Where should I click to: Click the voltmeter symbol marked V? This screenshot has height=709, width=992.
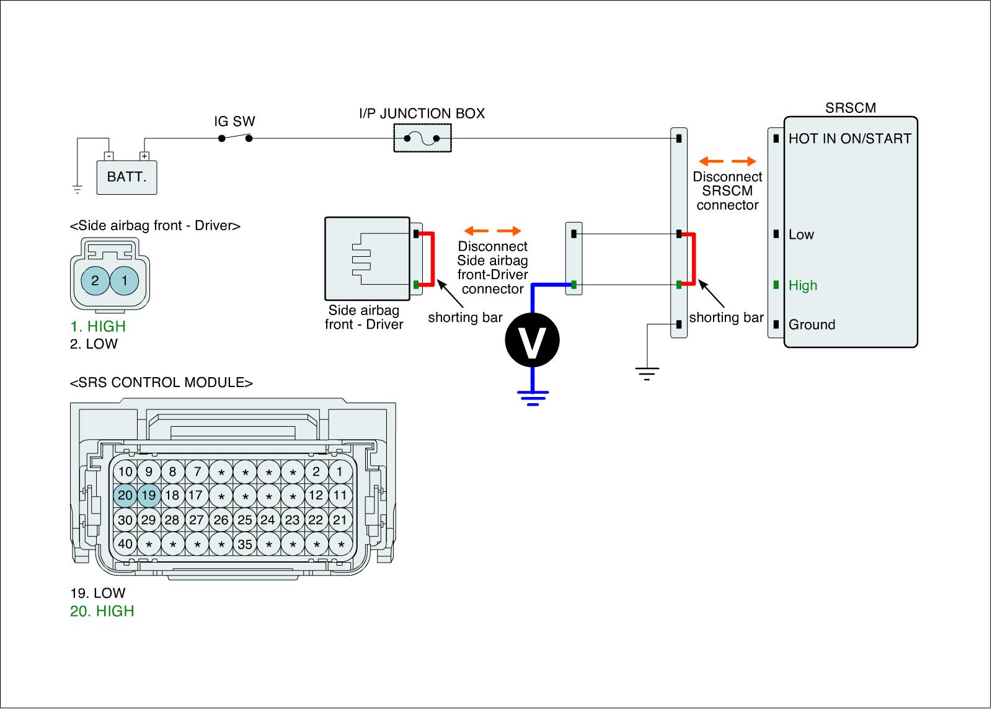click(x=531, y=341)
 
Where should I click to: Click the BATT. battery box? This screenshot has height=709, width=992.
click(x=127, y=177)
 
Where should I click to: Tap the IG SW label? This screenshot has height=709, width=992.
click(x=234, y=122)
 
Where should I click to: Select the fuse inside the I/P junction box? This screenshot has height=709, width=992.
click(x=422, y=138)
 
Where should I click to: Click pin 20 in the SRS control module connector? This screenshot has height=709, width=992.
click(x=125, y=496)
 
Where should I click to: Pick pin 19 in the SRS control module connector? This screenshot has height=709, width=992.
click(x=149, y=496)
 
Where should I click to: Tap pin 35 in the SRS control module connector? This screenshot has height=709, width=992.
click(x=245, y=544)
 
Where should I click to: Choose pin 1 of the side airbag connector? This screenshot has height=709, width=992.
click(x=125, y=280)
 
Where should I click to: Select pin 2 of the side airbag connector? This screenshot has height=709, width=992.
click(x=95, y=280)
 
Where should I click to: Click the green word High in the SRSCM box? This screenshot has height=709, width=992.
click(x=803, y=286)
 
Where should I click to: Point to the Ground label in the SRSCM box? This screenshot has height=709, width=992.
click(x=812, y=325)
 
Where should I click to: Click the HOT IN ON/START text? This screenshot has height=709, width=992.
click(x=849, y=139)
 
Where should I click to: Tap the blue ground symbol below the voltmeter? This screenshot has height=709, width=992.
click(x=532, y=398)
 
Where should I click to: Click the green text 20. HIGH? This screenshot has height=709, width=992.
click(x=102, y=611)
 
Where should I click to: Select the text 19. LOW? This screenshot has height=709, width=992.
click(x=98, y=593)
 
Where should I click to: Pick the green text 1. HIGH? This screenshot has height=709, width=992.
click(x=98, y=326)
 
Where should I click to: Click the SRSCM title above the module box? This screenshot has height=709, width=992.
click(x=851, y=108)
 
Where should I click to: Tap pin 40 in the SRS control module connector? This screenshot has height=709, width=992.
click(x=125, y=544)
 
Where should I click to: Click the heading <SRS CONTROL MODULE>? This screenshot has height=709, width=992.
click(x=161, y=383)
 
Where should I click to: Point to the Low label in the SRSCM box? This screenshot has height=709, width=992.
click(x=801, y=235)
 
